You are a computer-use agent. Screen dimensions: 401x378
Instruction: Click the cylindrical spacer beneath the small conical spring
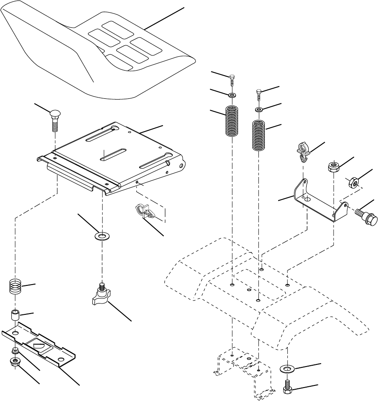tap(16, 316)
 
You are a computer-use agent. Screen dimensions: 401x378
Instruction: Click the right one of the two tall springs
tap(259, 136)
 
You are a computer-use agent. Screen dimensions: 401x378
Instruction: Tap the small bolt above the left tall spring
tap(232, 79)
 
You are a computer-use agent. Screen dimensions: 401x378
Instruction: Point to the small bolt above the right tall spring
tap(259, 94)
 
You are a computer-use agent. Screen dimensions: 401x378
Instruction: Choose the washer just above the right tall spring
tap(259, 110)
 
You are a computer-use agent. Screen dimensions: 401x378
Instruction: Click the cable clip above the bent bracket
tap(302, 152)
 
